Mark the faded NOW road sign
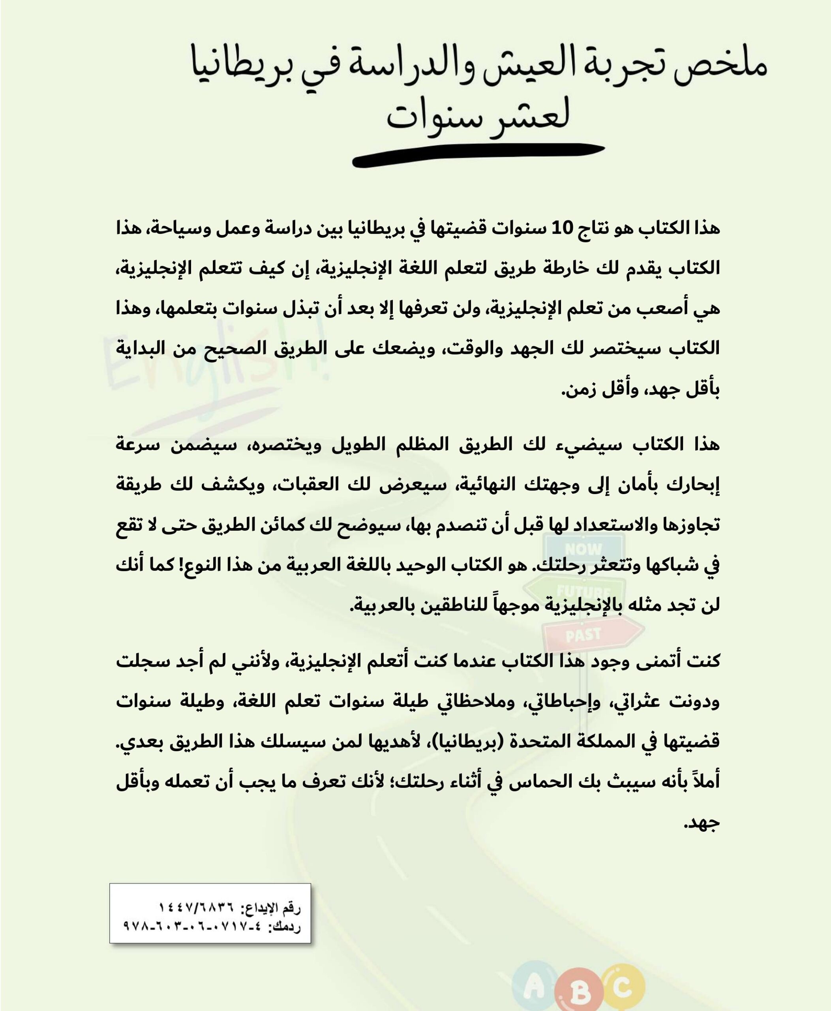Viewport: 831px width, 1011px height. (583, 549)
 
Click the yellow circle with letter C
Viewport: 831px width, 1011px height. (622, 977)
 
